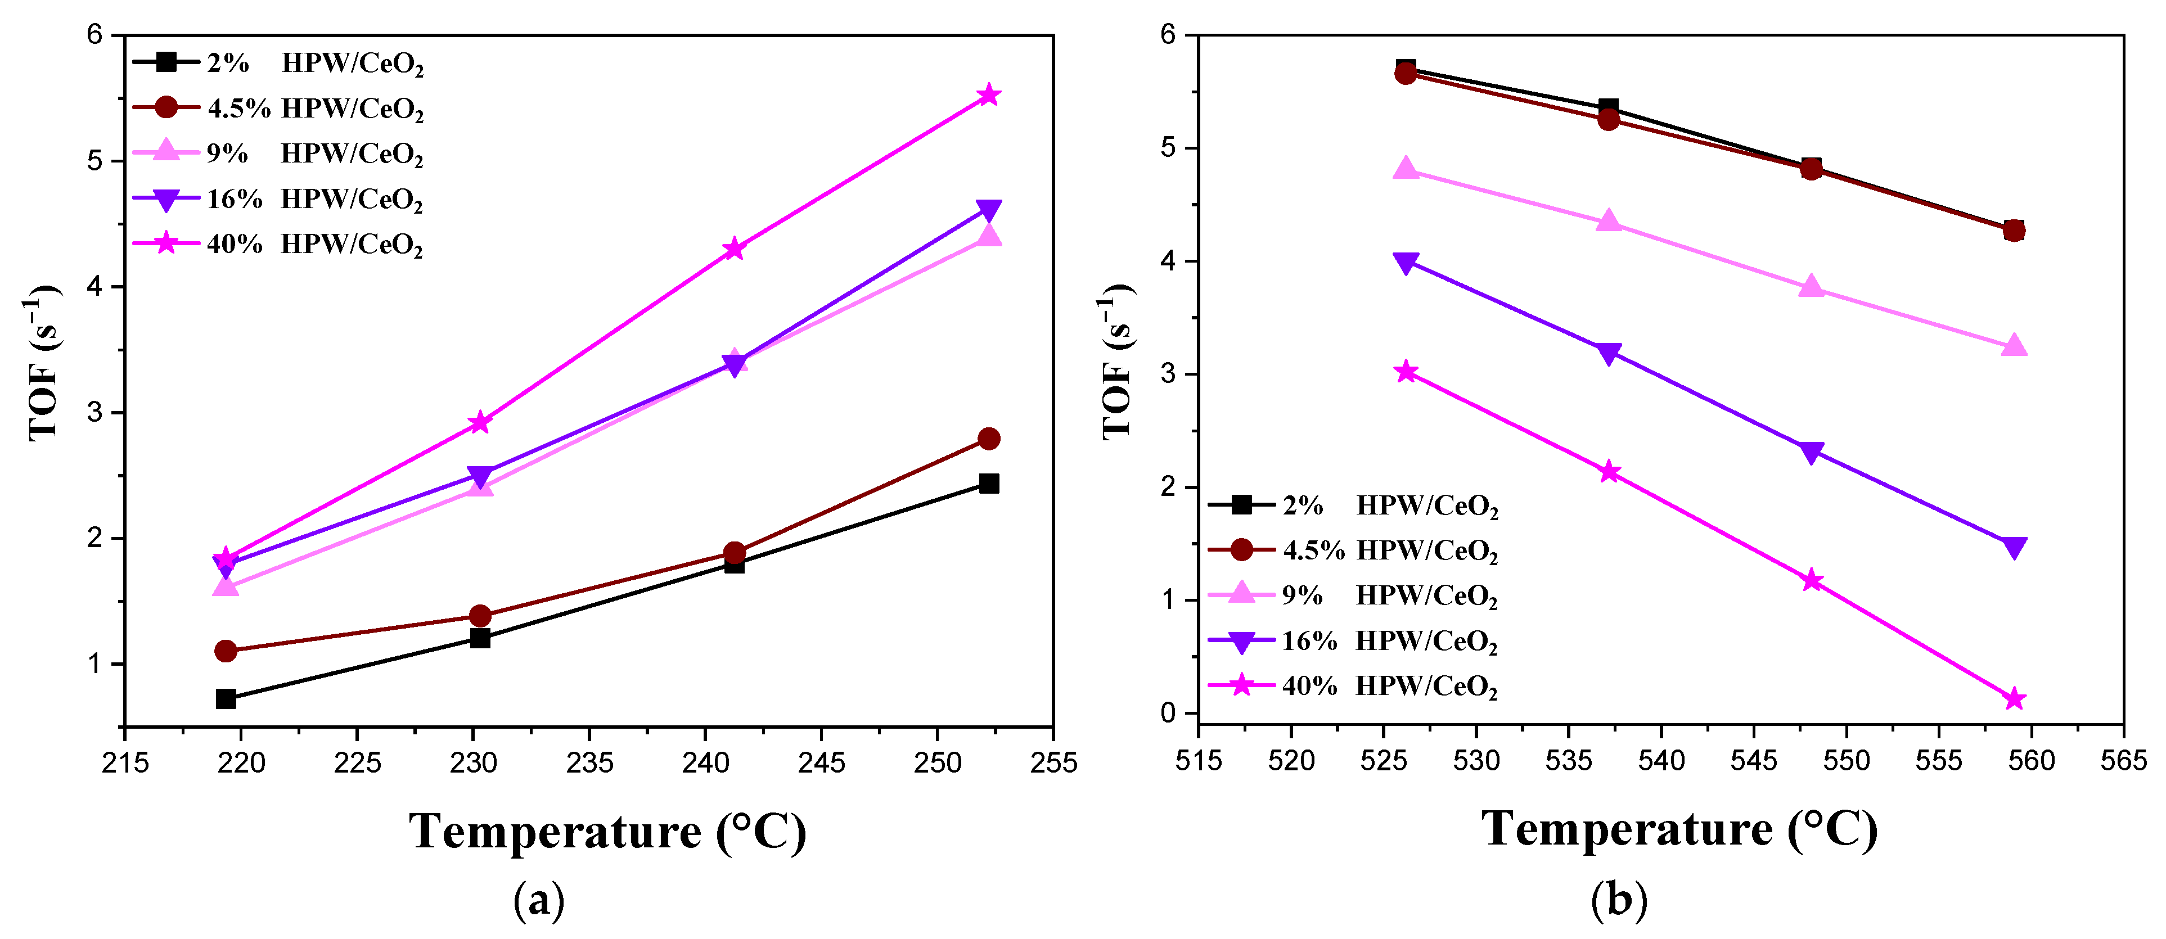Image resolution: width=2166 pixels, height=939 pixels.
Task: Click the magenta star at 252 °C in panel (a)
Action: pyautogui.click(x=989, y=95)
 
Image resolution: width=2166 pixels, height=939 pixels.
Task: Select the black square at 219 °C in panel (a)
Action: pyautogui.click(x=226, y=698)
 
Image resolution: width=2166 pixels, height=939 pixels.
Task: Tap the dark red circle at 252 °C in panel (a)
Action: pyautogui.click(x=989, y=439)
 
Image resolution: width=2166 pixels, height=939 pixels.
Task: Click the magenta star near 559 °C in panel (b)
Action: pyautogui.click(x=2014, y=699)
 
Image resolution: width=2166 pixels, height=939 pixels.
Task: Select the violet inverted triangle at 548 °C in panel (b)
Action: pyautogui.click(x=1812, y=452)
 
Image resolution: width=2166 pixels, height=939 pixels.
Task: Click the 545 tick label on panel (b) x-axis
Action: pyautogui.click(x=1754, y=761)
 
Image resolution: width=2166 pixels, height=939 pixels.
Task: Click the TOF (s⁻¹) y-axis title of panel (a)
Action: pyautogui.click(x=44, y=363)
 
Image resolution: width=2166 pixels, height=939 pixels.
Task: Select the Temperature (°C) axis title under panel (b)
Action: pyautogui.click(x=1679, y=830)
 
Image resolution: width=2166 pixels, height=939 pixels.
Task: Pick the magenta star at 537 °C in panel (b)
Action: pyautogui.click(x=1609, y=472)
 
